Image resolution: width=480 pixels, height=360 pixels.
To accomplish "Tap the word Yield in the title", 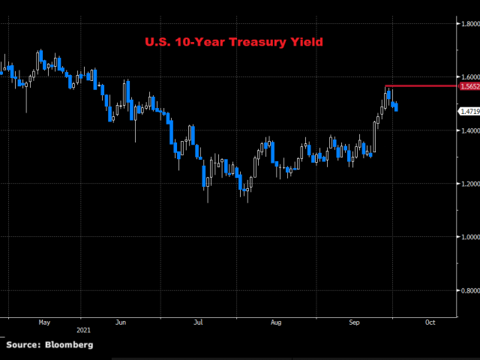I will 306,42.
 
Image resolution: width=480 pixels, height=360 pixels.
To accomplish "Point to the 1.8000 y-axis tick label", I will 469,24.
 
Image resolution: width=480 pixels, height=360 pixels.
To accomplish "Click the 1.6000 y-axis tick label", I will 469,77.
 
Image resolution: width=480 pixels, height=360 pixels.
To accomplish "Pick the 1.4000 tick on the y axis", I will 469,130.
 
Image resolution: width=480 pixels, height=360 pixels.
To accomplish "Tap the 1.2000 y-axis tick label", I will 469,184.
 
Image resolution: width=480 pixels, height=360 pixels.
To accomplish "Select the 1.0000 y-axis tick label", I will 469,237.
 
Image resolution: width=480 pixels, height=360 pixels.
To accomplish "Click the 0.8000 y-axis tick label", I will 469,290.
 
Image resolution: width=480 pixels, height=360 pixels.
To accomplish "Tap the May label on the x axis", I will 43,323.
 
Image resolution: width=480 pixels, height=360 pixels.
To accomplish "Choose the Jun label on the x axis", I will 121,323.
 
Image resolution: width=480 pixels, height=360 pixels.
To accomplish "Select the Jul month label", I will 198,323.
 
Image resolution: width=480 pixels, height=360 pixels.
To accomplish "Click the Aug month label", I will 276,323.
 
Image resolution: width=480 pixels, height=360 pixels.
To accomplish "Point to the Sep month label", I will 355,323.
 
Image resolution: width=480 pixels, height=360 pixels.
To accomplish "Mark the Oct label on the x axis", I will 430,323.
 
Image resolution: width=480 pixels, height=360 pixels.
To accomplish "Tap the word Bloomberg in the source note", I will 69,344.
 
